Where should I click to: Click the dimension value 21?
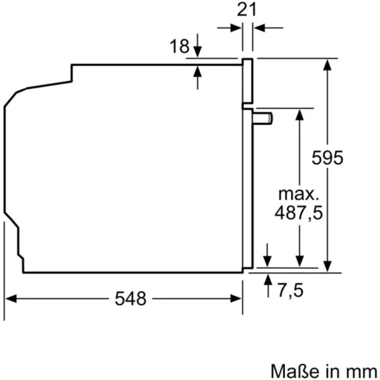246,10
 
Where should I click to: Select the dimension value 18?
179,46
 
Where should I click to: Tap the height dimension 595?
328,158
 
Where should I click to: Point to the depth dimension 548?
130,299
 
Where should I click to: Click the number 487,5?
299,213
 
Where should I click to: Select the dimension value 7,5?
290,290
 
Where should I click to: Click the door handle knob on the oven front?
262,119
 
